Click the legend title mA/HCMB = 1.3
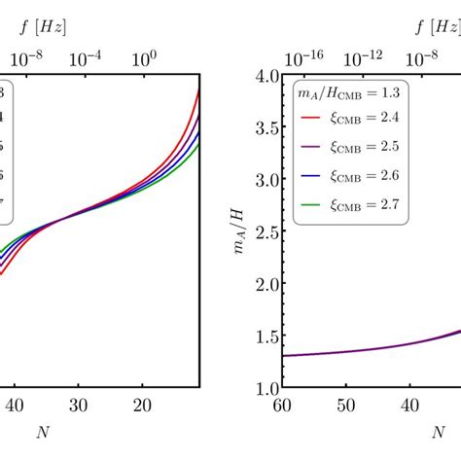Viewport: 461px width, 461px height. (346, 91)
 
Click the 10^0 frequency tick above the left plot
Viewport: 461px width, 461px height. (144, 57)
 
